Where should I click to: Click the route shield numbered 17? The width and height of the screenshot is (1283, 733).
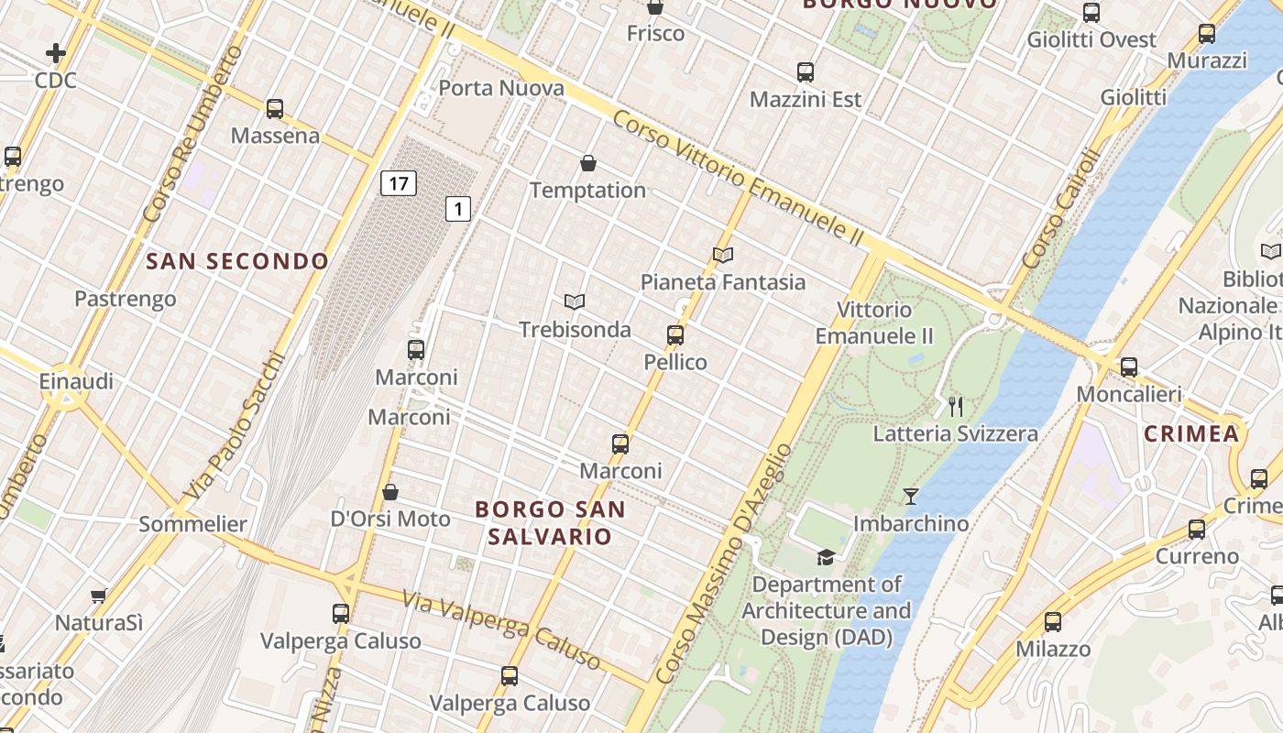coord(399,183)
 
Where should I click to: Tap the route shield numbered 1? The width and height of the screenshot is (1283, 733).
coord(458,209)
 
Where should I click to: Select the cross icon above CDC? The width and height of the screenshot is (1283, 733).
coord(56,53)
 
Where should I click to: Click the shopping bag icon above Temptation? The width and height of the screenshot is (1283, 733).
coord(588,163)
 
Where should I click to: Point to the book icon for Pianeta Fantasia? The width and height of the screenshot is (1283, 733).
coord(723,255)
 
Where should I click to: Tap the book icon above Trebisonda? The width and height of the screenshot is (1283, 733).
coord(575,301)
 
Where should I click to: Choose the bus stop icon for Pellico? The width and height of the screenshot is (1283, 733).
coord(675,334)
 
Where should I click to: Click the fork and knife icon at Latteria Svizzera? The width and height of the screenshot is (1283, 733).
coord(956,406)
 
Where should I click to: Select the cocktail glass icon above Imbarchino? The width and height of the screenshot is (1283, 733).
coord(911,497)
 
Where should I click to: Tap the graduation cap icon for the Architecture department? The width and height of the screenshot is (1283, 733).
coord(826,557)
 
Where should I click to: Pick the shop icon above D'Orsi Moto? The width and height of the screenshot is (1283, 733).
coord(390,492)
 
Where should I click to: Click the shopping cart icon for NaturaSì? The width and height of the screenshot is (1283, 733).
coord(99,596)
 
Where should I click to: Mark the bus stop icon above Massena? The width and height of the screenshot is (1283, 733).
coord(275,109)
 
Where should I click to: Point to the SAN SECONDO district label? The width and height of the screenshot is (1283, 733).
coord(237,261)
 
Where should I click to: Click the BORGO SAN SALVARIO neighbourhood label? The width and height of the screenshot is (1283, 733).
coord(551,522)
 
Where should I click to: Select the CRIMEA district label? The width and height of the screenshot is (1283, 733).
coord(1191,433)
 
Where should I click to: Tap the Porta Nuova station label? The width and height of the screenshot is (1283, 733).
coord(501,88)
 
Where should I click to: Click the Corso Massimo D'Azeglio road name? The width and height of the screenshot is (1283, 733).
coord(724,563)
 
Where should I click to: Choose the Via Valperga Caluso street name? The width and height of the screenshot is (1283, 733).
coord(502,631)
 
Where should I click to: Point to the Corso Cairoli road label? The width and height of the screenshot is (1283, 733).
coord(1060,209)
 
